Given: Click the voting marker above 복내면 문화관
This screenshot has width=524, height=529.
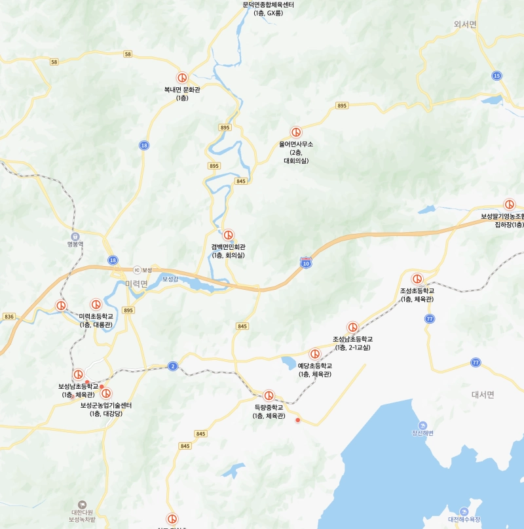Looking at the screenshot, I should click(x=183, y=77).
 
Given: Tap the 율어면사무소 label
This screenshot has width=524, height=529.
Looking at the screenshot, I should click(x=296, y=144).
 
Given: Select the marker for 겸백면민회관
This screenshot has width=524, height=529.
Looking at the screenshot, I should click(x=229, y=235).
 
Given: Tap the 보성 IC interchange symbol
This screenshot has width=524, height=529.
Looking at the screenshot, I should click(x=137, y=269).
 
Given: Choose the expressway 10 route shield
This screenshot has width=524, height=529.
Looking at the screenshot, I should click(x=306, y=263).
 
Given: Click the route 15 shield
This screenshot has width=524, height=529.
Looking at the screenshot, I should click(x=497, y=76).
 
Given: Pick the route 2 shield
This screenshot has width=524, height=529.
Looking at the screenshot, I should click(x=172, y=366).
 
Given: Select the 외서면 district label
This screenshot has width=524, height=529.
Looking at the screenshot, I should click(x=466, y=24).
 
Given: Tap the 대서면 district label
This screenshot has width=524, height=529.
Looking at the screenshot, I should click(x=483, y=395).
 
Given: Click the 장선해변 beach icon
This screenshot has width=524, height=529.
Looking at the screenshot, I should click(x=422, y=425).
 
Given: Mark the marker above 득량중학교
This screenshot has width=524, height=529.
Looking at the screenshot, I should click(x=269, y=395).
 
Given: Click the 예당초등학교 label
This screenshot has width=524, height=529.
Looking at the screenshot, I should click(x=315, y=366).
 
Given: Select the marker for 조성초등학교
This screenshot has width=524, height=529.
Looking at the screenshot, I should click(x=417, y=279).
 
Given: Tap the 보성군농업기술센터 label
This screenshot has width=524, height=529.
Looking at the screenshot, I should click(x=106, y=405).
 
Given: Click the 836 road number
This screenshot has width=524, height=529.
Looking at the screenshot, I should click(x=9, y=317).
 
